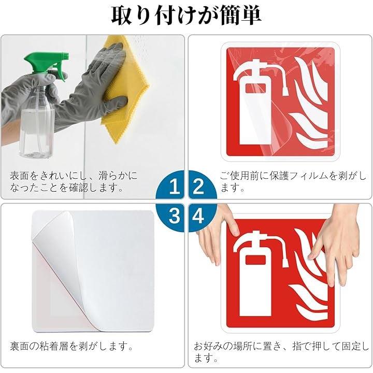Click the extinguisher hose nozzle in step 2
click(285, 91)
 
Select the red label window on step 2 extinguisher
click(255, 88)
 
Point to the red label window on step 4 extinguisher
click(255, 260)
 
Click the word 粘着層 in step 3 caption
click(60, 346)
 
